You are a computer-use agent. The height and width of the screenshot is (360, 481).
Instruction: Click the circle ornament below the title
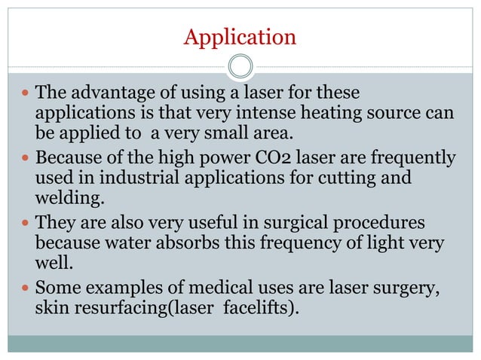coord(240,66)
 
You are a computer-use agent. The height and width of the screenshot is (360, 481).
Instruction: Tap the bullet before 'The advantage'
coord(26,95)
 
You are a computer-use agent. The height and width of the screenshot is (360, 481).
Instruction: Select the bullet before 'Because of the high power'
coord(26,160)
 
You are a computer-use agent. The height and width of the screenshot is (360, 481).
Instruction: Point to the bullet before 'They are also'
coord(26,224)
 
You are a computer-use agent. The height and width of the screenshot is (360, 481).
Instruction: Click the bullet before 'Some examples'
coord(26,288)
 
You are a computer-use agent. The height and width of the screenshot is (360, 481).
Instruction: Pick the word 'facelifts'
coord(256,308)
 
